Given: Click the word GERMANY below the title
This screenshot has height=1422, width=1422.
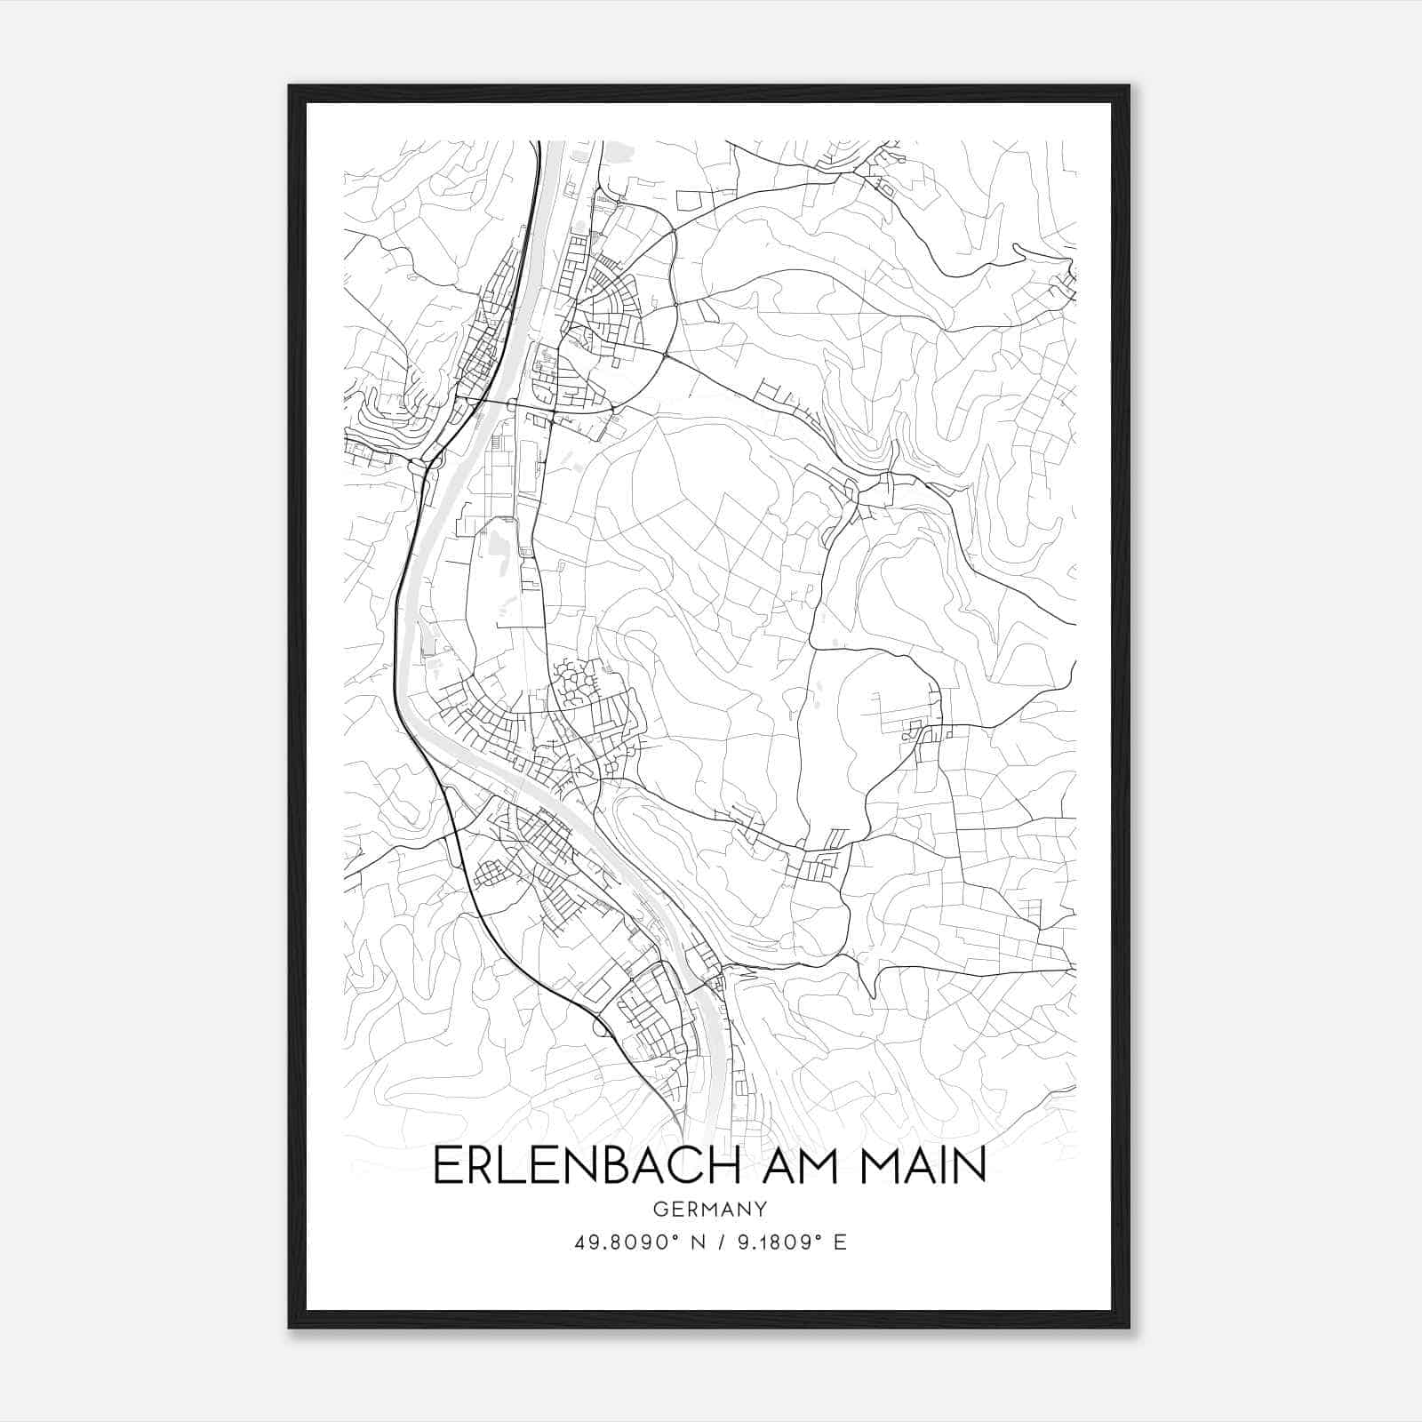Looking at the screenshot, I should [x=709, y=1209].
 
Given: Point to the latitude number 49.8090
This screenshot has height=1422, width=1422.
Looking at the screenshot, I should [x=618, y=1242].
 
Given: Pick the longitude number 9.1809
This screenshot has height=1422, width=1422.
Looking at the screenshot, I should [x=772, y=1242].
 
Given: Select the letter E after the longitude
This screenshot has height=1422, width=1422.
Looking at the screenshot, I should [x=840, y=1242].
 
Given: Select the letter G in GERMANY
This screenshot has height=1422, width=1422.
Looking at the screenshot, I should [x=659, y=1209].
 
